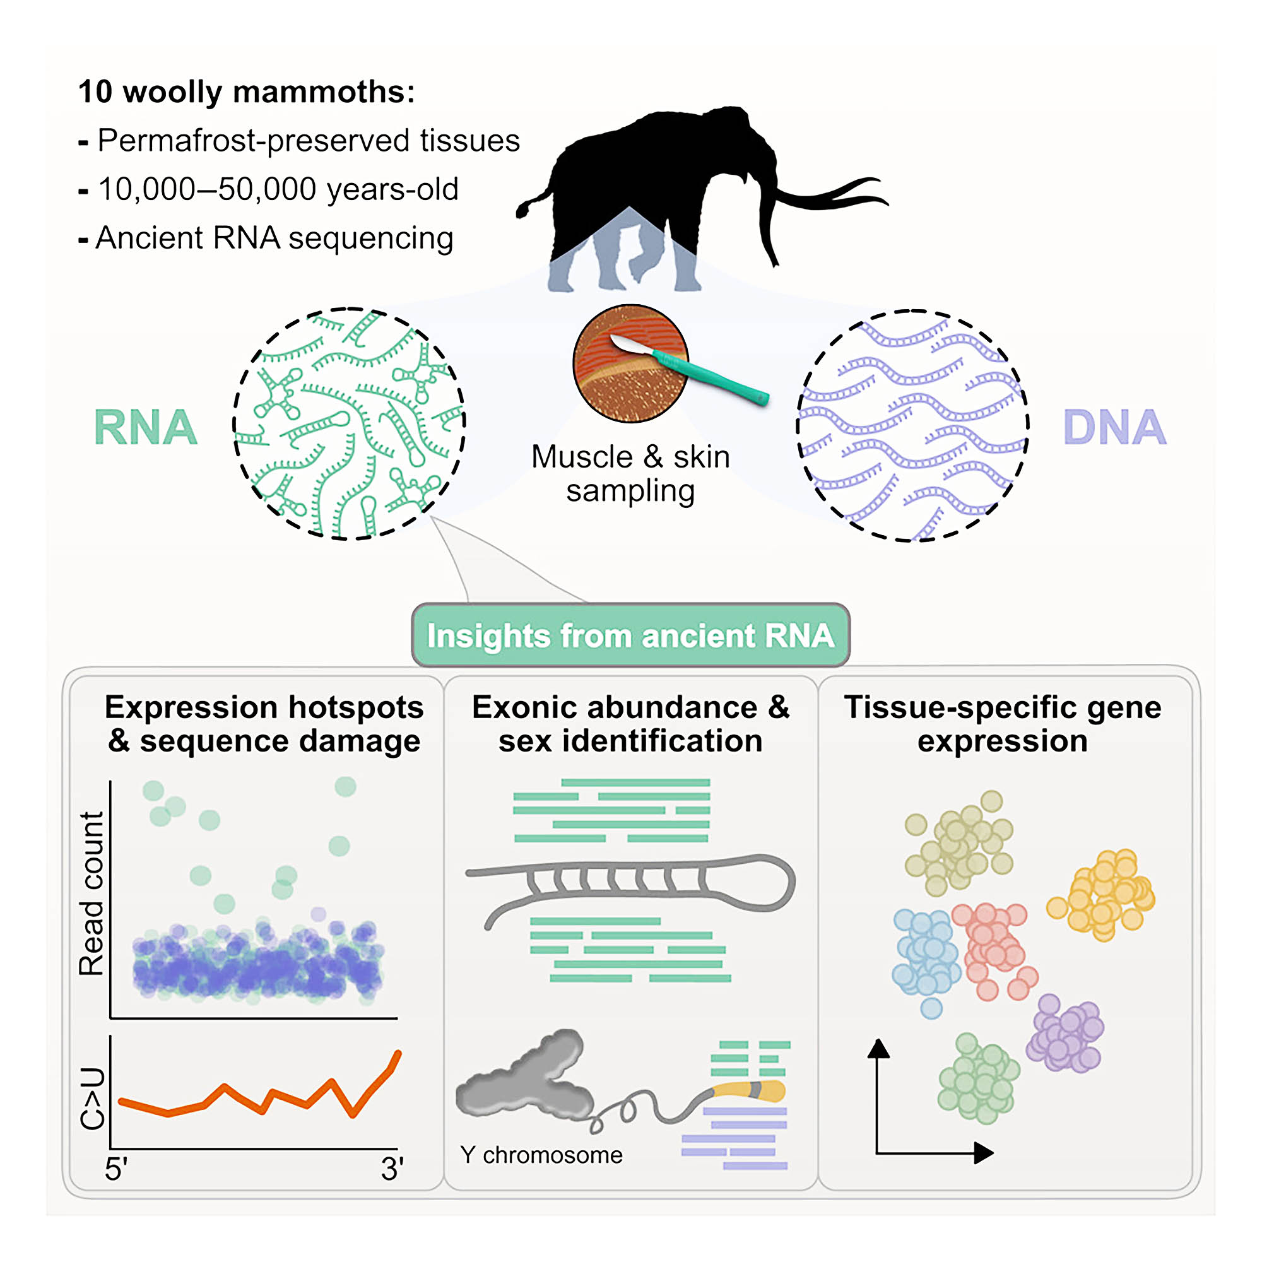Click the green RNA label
click(x=145, y=428)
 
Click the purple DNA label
click(x=1114, y=428)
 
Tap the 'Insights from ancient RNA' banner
click(x=630, y=635)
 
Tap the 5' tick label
click(x=116, y=1169)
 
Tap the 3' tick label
click(x=392, y=1169)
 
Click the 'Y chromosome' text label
click(x=541, y=1155)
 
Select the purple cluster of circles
click(x=1064, y=1035)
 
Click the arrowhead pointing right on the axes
click(x=983, y=1153)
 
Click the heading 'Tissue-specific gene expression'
click(x=1003, y=724)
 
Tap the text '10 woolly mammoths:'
click(x=246, y=91)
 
